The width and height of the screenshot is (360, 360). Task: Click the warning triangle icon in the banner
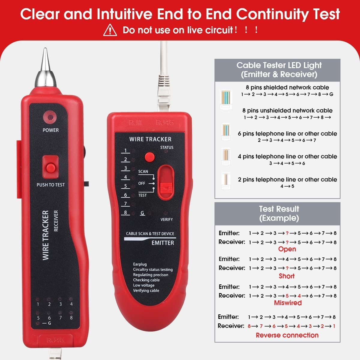coord(110,30)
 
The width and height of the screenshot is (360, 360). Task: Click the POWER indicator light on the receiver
coord(50,117)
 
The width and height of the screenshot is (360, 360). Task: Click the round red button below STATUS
coord(149,157)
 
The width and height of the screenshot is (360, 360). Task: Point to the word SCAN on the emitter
coord(143,172)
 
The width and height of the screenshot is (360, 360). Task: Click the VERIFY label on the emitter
coord(166,220)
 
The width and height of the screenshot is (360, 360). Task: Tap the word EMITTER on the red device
coord(163,243)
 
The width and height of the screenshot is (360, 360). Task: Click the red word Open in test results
coord(287,249)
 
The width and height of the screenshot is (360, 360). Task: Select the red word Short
coord(287,276)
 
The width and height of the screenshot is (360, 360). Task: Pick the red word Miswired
coord(288,303)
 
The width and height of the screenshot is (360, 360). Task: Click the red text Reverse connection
coord(287,335)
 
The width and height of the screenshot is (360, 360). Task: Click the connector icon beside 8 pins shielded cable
coord(226,99)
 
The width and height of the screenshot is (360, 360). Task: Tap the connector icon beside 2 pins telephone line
coord(226,181)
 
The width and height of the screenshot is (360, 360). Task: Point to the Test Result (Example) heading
coord(279,213)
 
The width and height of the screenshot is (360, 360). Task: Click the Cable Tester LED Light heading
coord(279,70)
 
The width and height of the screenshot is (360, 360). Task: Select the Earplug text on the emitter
coord(140,264)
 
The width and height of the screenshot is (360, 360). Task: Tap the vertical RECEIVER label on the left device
coord(56,220)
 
